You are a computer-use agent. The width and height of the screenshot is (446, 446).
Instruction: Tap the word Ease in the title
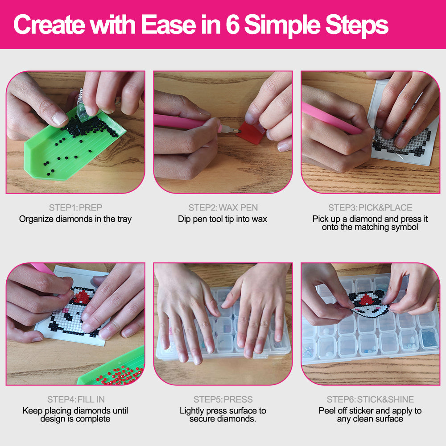click(169, 25)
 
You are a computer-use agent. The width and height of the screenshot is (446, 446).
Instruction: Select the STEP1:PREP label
click(75, 208)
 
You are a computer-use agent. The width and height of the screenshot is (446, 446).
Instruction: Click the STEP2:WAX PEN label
click(223, 208)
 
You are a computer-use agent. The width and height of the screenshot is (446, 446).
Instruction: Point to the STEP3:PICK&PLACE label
click(370, 208)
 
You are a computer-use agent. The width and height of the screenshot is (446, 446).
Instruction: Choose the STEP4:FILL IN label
click(76, 399)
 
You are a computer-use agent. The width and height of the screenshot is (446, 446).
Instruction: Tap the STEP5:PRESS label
click(223, 399)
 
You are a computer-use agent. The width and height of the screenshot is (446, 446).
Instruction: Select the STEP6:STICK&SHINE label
click(370, 399)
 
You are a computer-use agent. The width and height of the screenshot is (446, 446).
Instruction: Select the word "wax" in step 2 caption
click(259, 219)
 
